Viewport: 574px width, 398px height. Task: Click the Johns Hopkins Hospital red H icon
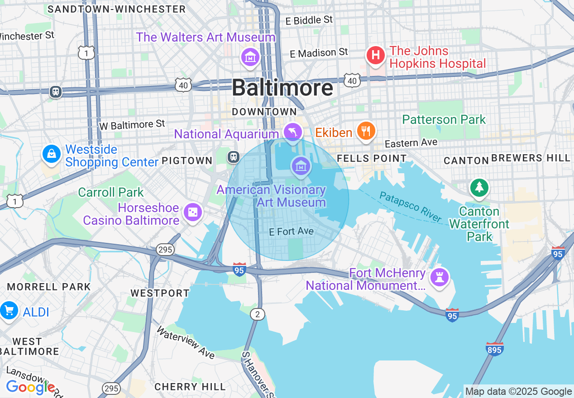[375, 56]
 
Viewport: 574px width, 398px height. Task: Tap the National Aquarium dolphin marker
[293, 132]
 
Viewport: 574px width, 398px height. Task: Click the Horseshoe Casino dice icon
[193, 212]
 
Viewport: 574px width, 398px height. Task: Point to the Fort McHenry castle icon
[439, 277]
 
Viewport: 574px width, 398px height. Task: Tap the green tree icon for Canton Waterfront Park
[479, 187]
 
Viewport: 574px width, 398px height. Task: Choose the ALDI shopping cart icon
[9, 311]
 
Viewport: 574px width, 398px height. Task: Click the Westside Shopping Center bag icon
[52, 154]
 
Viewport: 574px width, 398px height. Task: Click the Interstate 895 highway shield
[494, 349]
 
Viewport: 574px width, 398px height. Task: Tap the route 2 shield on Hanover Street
[257, 314]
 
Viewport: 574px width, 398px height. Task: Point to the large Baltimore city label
[282, 88]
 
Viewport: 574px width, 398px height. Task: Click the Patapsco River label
[410, 206]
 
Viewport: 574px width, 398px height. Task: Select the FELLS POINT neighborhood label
[372, 158]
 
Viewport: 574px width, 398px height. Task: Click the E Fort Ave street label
[291, 232]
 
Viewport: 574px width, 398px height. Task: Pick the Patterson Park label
[444, 120]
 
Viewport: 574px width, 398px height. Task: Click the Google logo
[30, 387]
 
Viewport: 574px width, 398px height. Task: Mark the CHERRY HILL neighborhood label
[190, 387]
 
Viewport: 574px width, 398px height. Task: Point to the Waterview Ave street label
[186, 342]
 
